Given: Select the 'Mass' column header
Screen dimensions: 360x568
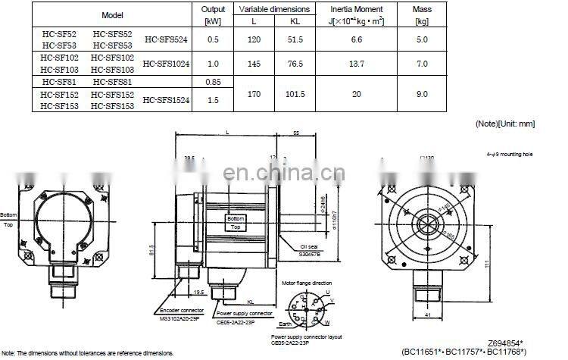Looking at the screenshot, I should tap(422, 9).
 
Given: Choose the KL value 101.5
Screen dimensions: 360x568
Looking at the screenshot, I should tap(295, 94).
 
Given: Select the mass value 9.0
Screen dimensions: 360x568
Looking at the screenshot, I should tap(422, 94).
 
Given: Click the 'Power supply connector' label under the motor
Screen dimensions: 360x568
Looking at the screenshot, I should tap(245, 313).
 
